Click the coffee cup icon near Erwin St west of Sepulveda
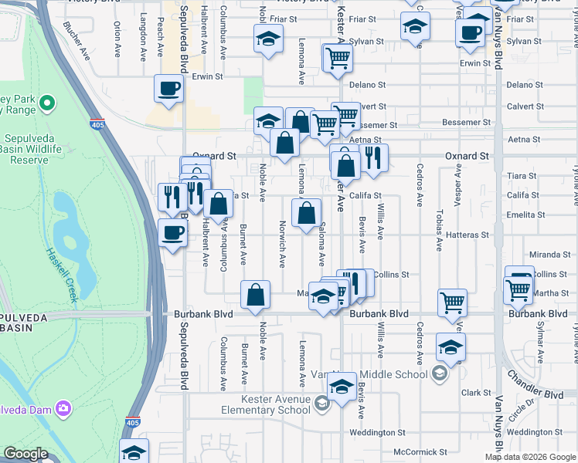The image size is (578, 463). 168,90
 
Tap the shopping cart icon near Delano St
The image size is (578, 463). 338,57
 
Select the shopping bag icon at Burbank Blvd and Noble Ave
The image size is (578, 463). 255,295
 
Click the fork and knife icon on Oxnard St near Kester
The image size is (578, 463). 373,158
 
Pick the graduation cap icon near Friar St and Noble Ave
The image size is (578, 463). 268,38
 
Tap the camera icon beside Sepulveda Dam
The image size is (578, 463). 63,407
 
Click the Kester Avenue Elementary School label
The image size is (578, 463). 265,404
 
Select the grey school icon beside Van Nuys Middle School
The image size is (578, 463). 440,374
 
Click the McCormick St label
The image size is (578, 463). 420,452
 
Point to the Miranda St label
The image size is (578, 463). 549,255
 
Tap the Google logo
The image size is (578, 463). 25,454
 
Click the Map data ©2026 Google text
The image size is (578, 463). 529,457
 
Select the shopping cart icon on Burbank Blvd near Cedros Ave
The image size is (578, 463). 452,302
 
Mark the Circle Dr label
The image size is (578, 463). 522,407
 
